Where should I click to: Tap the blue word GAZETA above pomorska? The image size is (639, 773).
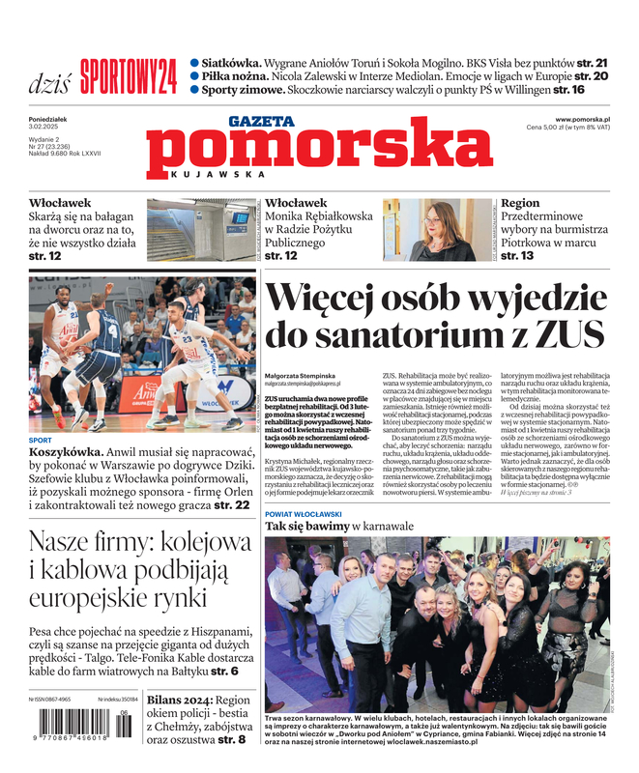(x=261, y=121)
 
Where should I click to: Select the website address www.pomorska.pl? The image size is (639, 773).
(x=589, y=119)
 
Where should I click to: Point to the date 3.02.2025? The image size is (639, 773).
(x=44, y=128)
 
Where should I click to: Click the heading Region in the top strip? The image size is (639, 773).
(x=520, y=204)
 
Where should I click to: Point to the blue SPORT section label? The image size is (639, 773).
(x=41, y=440)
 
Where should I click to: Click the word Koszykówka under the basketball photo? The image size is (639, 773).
(x=68, y=452)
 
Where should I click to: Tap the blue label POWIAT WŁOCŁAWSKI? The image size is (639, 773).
(x=316, y=513)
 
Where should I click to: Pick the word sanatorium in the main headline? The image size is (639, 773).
(x=406, y=335)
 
